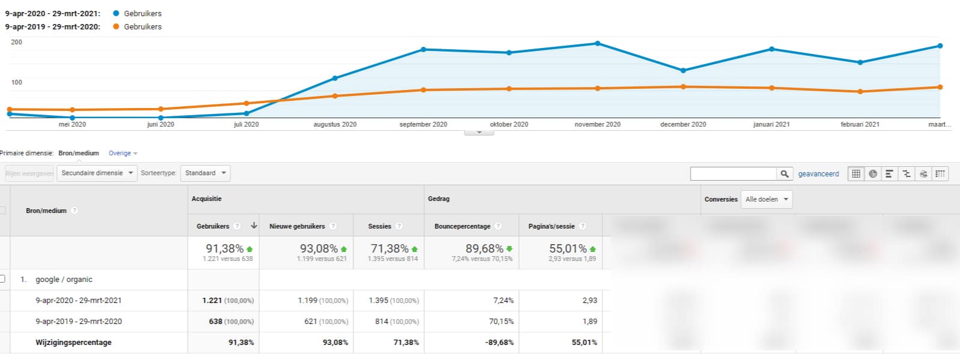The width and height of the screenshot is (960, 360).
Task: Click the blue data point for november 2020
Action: point(598,43)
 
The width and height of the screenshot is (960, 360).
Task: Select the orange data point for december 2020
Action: point(683,87)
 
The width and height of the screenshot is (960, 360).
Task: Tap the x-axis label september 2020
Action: point(423,124)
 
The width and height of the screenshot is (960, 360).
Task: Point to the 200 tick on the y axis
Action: point(17,42)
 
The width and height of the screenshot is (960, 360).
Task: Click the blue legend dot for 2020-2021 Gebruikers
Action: point(116,13)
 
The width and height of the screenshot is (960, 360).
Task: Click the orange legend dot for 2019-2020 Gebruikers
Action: point(116,26)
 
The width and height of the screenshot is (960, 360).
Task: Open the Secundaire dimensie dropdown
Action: point(97,173)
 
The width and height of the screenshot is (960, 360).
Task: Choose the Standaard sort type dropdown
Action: point(205,173)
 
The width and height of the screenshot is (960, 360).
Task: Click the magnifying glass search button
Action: point(784,174)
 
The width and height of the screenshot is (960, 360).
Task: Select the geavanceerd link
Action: point(818,174)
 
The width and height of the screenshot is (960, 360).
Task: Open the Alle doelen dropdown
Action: point(767,199)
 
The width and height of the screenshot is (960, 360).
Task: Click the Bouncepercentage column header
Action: point(463,226)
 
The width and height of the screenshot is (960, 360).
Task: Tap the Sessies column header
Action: point(380,226)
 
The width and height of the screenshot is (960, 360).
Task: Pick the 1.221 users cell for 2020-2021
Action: point(212,301)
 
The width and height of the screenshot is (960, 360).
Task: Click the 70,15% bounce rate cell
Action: point(502,322)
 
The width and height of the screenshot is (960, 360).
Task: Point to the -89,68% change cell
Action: point(500,343)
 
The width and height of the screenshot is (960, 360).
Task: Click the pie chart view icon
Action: point(872,174)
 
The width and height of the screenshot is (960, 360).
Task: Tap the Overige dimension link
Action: point(120,154)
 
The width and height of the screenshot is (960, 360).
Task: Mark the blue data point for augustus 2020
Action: point(335,78)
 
